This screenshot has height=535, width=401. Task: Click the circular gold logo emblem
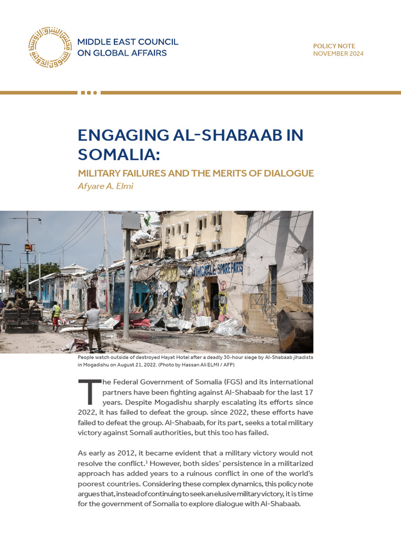50,47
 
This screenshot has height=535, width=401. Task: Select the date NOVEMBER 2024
338,54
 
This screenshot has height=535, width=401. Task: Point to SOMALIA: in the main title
118,154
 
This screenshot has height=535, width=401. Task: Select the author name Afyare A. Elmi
105,186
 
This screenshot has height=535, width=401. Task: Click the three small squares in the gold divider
89,92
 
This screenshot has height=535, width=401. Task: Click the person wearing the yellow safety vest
56,313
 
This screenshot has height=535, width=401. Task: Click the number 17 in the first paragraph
308,392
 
